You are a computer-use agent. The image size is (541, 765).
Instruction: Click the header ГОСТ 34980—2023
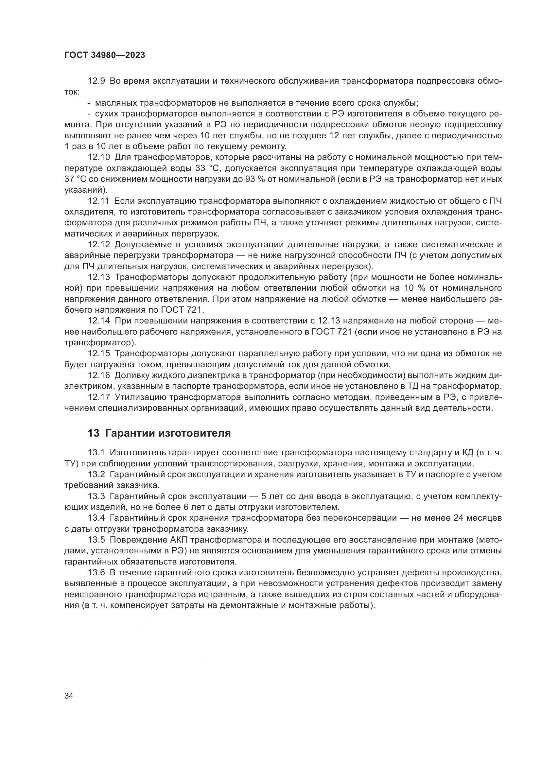pyautogui.click(x=105, y=55)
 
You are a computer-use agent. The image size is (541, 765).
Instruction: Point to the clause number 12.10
pyautogui.click(x=98, y=157)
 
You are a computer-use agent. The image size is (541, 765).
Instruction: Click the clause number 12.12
pyautogui.click(x=98, y=245)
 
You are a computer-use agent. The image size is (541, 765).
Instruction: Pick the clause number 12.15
pyautogui.click(x=98, y=354)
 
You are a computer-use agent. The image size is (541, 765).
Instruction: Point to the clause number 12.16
pyautogui.click(x=98, y=375)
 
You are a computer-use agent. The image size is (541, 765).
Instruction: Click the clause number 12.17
pyautogui.click(x=98, y=397)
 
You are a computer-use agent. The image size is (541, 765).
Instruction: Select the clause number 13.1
pyautogui.click(x=96, y=452)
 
